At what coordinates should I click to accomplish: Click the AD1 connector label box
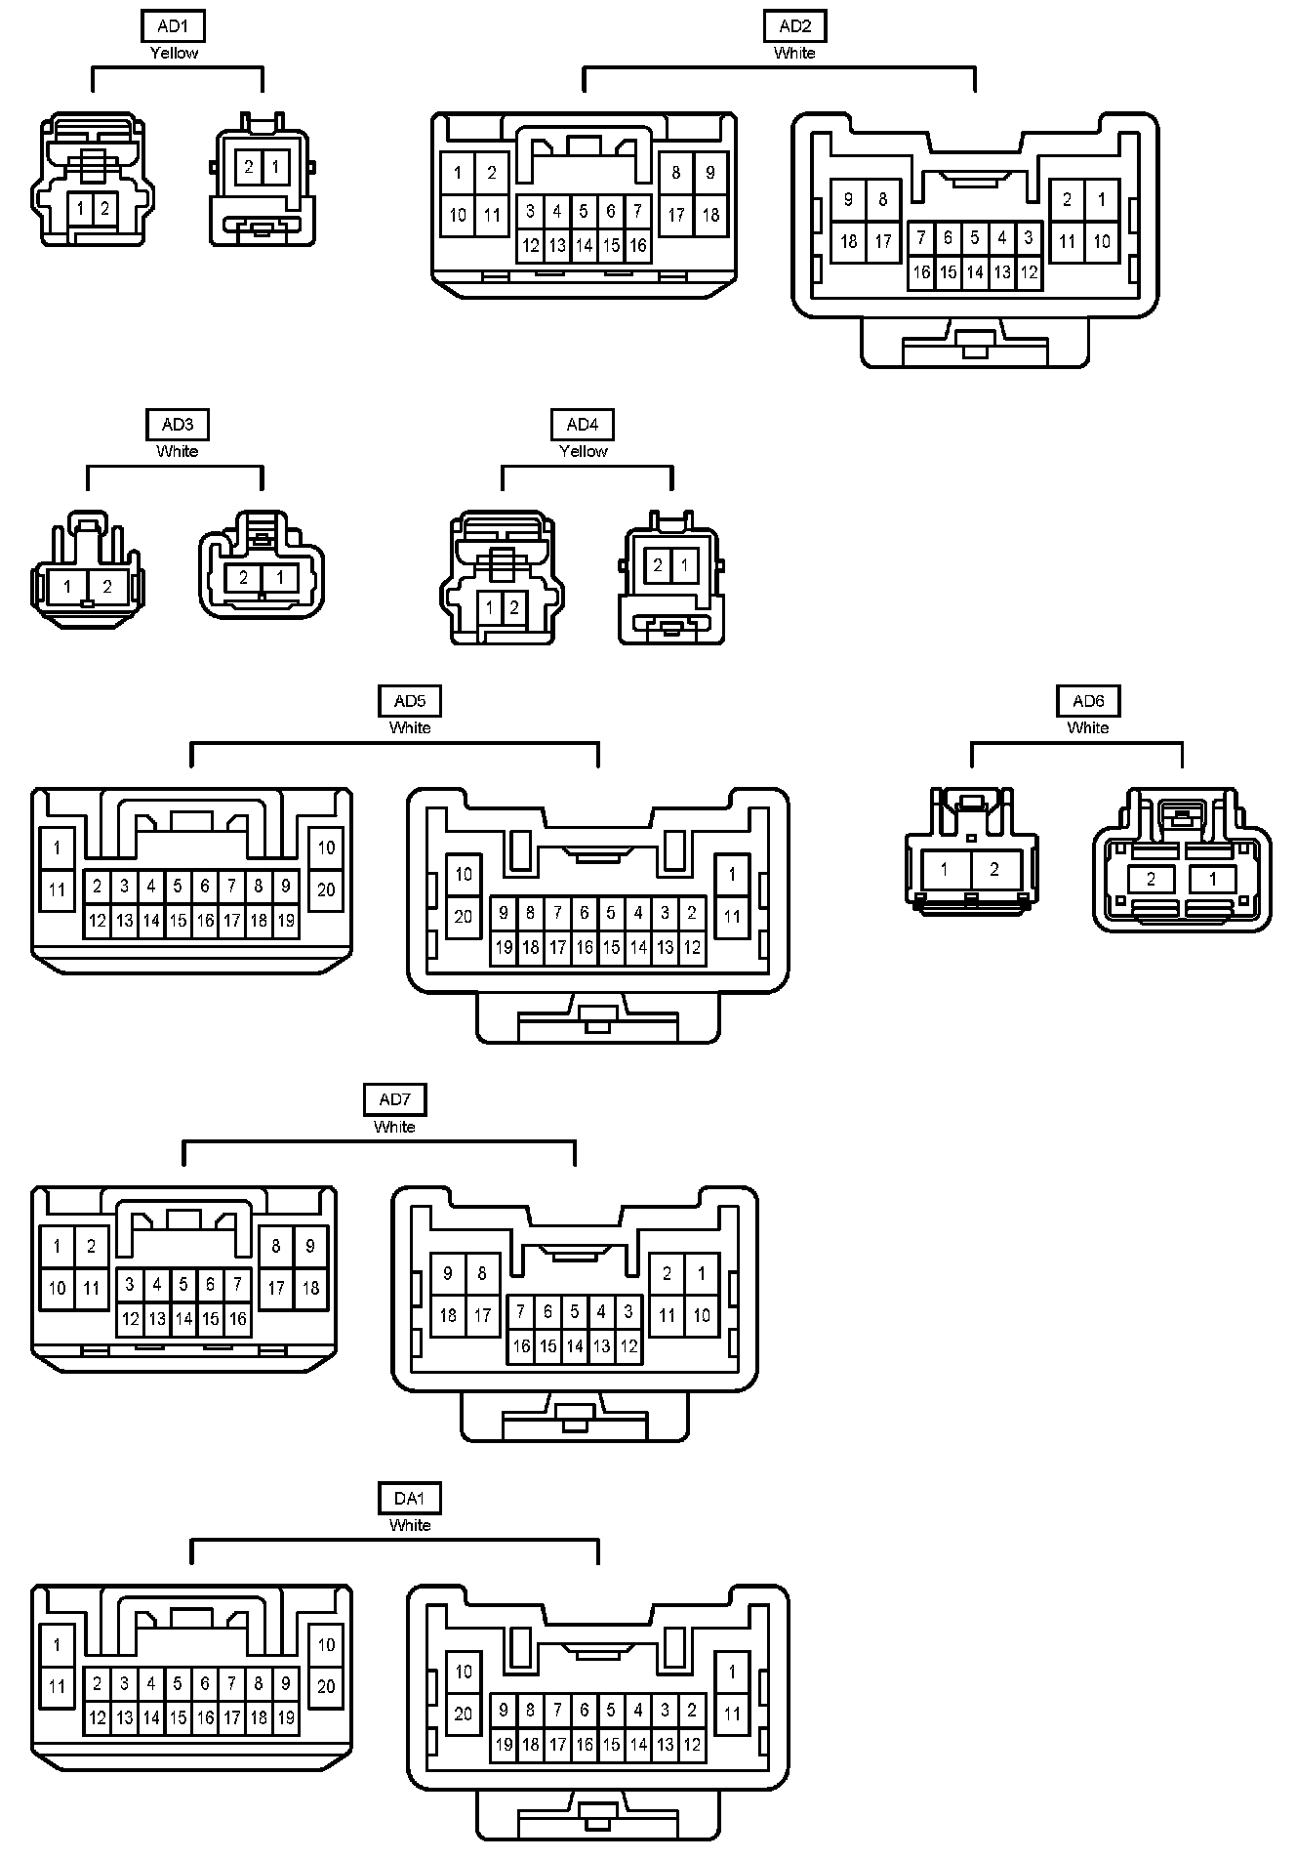pos(173,26)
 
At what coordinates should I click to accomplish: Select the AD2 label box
pos(794,26)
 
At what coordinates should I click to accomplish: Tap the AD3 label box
pos(177,425)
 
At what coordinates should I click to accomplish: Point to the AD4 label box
pos(583,425)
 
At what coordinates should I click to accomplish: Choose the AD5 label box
pos(410,701)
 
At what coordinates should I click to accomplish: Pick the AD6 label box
pos(1088,701)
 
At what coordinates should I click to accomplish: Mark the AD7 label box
pos(394,1100)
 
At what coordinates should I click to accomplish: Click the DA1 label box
pos(410,1499)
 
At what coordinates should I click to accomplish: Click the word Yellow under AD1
pos(174,54)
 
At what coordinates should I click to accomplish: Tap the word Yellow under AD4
pos(584,452)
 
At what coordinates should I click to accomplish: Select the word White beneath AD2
pos(794,54)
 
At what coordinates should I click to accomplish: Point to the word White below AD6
pos(1088,728)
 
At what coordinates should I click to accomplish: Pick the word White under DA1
pos(410,1526)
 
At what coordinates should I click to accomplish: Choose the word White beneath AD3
pos(177,452)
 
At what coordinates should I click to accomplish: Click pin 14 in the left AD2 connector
pos(584,245)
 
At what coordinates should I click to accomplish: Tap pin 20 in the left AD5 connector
pos(326,889)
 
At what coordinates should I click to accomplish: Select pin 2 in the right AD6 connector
pos(1151,879)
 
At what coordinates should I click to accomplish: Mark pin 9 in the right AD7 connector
pos(448,1273)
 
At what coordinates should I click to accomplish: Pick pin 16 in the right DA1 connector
pos(584,1745)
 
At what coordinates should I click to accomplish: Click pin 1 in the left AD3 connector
pos(66,587)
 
